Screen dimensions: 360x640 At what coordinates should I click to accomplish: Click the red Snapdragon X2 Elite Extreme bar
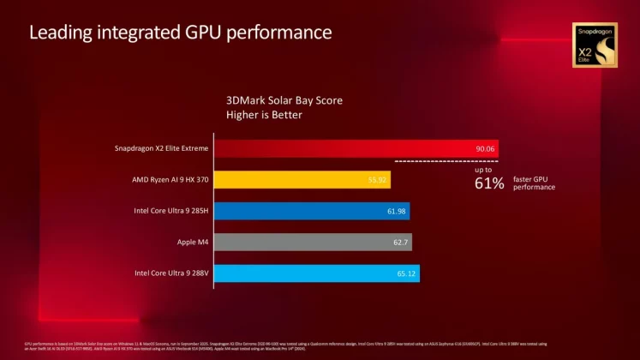(343, 148)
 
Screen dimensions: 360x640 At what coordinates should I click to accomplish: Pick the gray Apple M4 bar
(308, 243)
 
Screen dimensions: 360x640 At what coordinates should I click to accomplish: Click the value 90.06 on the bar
(486, 149)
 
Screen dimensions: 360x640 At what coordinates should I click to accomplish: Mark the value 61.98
(398, 212)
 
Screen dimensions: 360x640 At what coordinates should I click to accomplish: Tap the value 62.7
(401, 243)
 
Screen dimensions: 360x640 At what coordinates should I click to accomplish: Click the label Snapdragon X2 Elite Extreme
(162, 148)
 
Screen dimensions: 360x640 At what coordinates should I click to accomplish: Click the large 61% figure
(489, 184)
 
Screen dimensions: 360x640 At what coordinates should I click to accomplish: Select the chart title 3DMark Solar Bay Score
(284, 100)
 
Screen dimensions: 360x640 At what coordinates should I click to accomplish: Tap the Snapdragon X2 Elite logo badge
(594, 45)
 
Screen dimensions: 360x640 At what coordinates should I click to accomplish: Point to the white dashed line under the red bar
(446, 160)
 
